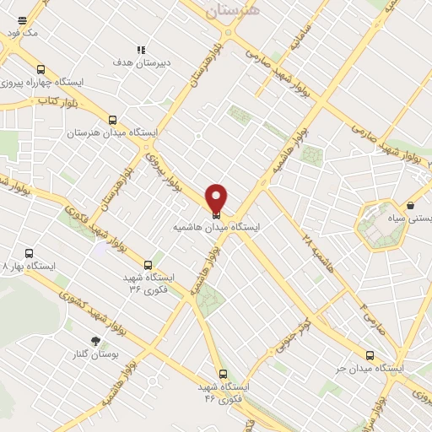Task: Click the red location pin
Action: (x=217, y=198)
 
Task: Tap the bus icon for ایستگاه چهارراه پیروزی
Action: (x=41, y=70)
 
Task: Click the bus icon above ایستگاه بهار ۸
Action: (x=30, y=253)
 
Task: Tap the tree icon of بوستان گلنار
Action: (x=94, y=342)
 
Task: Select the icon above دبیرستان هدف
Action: (x=141, y=50)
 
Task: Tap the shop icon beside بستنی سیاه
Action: (x=410, y=205)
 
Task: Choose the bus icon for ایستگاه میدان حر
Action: (x=369, y=355)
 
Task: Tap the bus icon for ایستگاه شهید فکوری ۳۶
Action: (x=148, y=264)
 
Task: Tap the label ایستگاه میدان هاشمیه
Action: (x=217, y=228)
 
